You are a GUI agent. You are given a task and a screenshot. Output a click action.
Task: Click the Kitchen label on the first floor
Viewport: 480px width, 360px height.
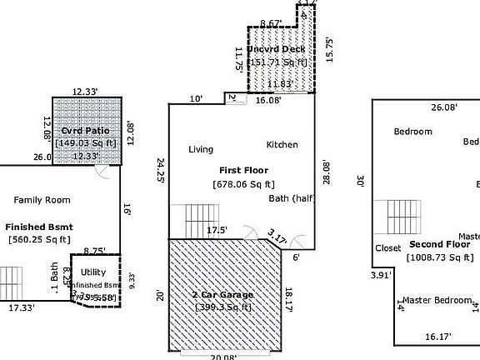coord(282,145)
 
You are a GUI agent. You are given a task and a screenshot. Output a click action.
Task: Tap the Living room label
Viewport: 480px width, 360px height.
coord(201,150)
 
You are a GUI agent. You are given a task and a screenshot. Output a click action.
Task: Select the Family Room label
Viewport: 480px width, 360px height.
coord(42,200)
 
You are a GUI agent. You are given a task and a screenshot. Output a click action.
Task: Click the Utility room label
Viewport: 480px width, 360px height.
coord(92,272)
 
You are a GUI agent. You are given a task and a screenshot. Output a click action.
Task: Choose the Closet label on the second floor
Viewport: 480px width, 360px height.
coord(387,247)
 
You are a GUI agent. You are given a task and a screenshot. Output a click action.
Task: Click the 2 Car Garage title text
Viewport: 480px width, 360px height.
coord(222,295)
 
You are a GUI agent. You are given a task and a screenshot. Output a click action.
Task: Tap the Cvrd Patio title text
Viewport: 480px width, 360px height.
coord(86,131)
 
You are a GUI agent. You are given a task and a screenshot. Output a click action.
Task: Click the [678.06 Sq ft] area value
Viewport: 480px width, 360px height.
coord(243,184)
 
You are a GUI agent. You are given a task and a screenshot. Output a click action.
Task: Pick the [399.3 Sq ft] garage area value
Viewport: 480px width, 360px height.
coord(222,307)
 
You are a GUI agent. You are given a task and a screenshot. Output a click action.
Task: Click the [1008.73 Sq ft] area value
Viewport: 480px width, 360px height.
coord(440,257)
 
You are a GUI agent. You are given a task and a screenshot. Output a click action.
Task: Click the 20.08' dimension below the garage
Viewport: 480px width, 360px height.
coord(223,357)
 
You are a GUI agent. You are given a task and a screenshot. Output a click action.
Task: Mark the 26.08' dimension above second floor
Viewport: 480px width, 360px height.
coord(443,107)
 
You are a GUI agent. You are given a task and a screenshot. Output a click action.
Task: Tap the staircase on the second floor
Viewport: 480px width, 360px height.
coord(389,219)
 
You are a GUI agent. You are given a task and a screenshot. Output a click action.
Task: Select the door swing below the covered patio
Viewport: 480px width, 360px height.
coord(102,172)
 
